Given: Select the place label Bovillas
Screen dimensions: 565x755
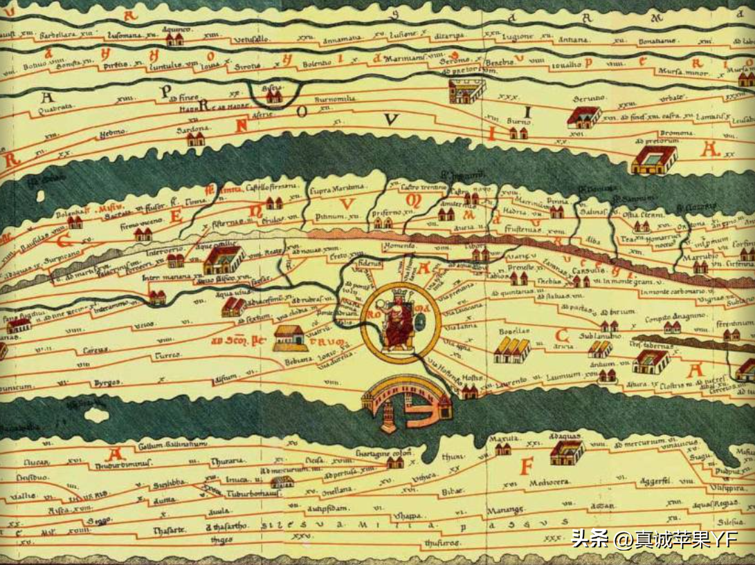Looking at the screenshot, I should [513, 331].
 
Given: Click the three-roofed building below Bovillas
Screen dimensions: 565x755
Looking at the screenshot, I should [511, 351].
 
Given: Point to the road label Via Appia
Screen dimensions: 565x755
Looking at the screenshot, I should [449, 346].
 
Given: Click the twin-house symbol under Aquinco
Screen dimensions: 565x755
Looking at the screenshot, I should [174, 39].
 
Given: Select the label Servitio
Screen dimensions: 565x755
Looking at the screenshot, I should [587, 98].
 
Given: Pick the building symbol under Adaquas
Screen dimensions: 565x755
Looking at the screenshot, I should [566, 453].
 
